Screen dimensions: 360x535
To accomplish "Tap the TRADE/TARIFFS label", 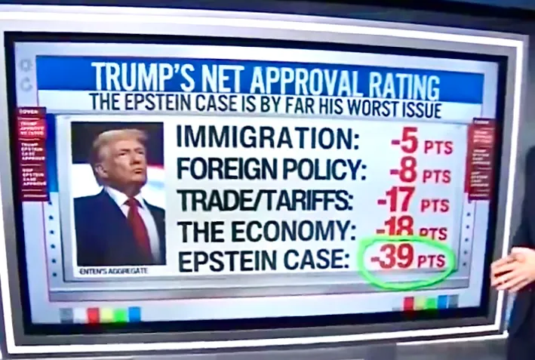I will tap(264, 201).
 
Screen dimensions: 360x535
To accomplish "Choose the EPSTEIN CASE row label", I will tap(263, 260).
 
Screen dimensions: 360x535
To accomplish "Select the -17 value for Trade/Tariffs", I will tap(396, 202).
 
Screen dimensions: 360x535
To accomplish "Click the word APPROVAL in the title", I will tap(304, 78).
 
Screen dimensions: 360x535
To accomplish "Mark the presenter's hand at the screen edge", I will tap(512, 269).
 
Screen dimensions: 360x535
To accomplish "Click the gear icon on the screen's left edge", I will tap(26, 66).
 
